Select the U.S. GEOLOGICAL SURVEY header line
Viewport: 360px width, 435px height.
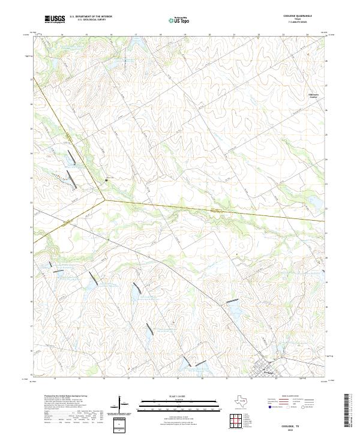coord(88,20)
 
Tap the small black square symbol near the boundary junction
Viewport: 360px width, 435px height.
coord(107,179)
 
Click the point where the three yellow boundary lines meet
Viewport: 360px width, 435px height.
coord(106,200)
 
